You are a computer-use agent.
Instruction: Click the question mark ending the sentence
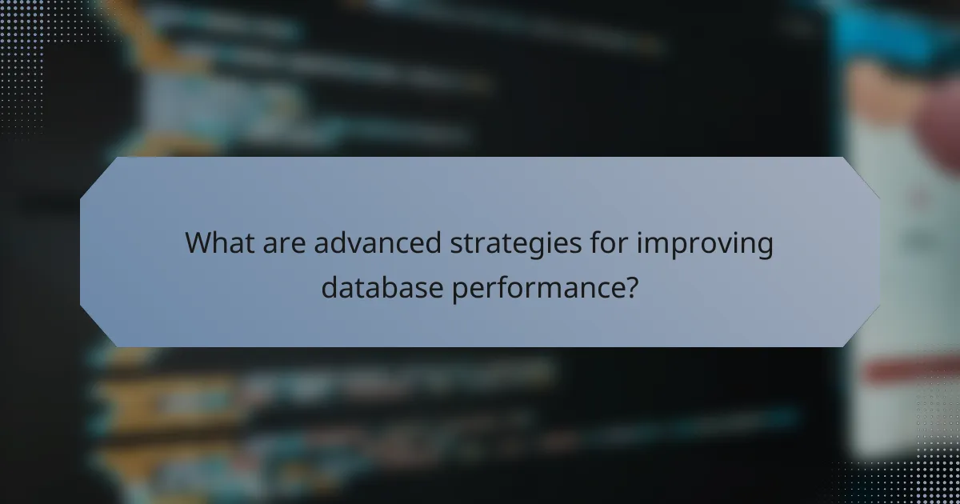pos(630,286)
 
